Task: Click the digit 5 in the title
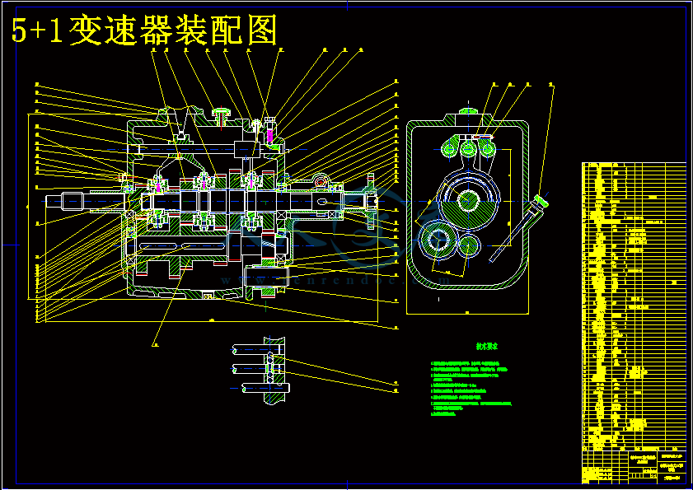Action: (21, 31)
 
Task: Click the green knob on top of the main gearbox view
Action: (221, 111)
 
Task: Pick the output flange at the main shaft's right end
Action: (372, 199)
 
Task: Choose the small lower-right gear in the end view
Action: (468, 245)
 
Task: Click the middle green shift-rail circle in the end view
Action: (469, 149)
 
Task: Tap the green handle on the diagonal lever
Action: (542, 199)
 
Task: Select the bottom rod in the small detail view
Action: (255, 387)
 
